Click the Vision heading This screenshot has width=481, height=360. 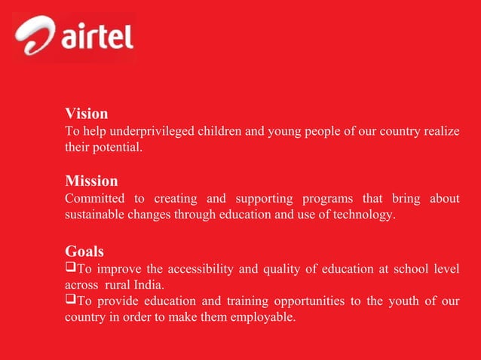coord(86,114)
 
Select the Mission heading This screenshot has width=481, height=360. coord(91,181)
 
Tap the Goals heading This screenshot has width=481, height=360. coord(84,251)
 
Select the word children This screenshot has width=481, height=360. coord(219,132)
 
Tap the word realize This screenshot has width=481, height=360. coord(440,132)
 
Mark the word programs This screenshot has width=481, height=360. coord(328,199)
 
